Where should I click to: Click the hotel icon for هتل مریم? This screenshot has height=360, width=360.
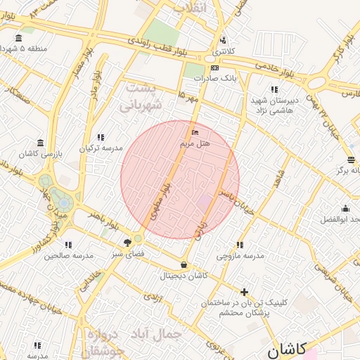195,132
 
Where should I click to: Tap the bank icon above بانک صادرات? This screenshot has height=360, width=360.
214,68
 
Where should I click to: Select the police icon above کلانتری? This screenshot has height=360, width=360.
224,40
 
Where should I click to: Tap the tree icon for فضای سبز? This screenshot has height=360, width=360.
127,241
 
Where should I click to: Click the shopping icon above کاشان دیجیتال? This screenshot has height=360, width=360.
184,265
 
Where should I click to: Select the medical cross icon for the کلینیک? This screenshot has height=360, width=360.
244,291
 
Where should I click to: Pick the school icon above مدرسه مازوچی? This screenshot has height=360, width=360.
240,245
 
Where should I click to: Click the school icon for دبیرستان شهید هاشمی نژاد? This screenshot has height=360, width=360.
274,89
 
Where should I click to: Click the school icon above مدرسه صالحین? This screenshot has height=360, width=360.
70,245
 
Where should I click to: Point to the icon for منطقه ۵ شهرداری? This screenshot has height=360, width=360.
18,38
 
